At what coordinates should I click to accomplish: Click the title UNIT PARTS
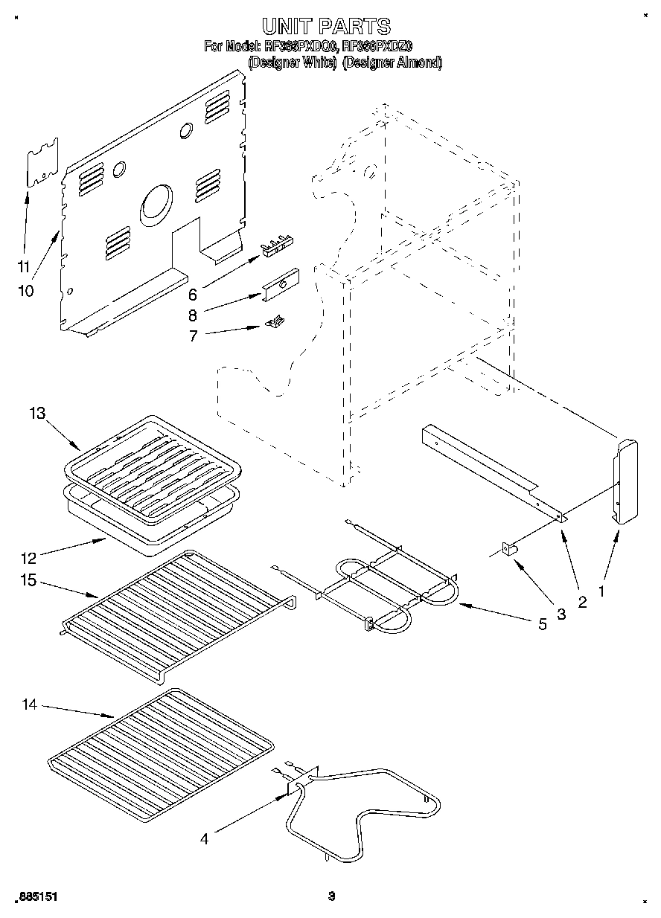pos(326,27)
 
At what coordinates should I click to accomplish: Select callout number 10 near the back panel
pos(25,290)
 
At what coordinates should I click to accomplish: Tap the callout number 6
pos(192,293)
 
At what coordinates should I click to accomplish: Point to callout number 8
pos(192,315)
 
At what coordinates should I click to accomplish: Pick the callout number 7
pos(192,336)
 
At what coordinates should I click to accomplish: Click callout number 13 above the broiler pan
pos(39,414)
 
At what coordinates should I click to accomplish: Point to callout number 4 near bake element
pos(205,839)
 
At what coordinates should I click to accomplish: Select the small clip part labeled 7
pos(275,321)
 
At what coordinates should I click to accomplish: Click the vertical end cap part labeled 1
pos(626,482)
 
